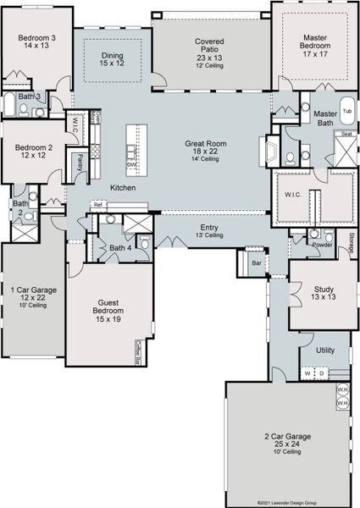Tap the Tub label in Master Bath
pos(346,111)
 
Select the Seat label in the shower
pos(346,134)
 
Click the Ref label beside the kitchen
pos(97,205)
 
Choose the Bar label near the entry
pos(257,264)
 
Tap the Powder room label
pos(322,245)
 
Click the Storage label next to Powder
pos(352,242)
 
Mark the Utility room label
pos(325,349)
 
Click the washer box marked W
pos(308,373)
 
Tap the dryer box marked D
pos(321,373)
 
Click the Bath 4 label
pos(120,248)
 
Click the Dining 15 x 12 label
pos(113,60)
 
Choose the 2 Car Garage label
pos(287,441)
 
